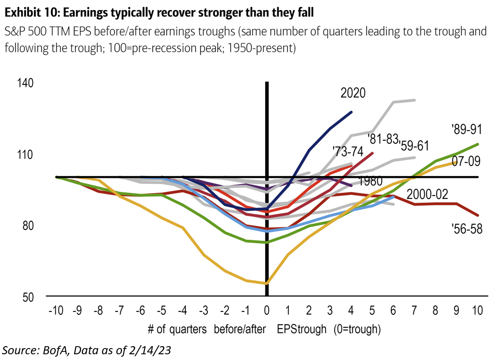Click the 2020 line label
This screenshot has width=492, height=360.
point(353,93)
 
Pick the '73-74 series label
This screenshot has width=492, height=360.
point(348,152)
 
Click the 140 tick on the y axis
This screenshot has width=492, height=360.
point(27,83)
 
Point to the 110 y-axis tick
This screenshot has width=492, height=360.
point(27,154)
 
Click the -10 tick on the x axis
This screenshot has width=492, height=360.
point(56,311)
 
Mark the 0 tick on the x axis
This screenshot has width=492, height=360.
point(266,311)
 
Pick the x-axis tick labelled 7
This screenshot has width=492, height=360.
point(413,311)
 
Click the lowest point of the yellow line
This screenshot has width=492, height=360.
point(266,283)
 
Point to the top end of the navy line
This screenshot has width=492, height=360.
point(351,112)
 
